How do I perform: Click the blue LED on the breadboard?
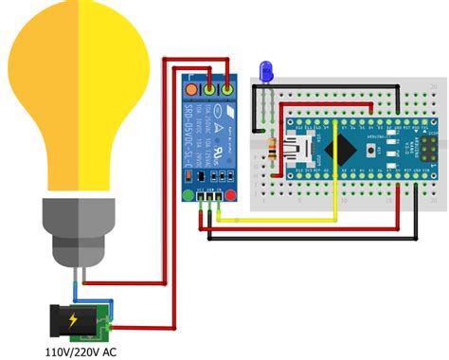tap(266, 69)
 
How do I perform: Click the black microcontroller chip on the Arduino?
tap(342, 148)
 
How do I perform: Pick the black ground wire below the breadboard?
tap(313, 238)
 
